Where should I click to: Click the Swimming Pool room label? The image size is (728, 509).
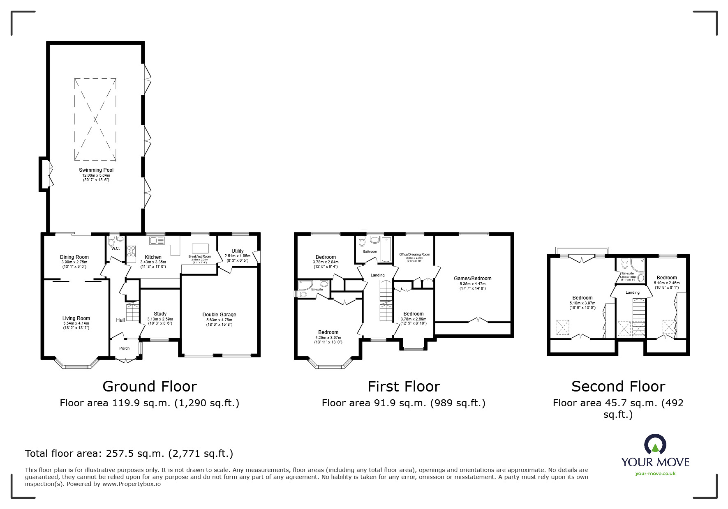96,170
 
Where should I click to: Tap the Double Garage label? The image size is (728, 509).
219,315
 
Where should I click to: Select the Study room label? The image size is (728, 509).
160,314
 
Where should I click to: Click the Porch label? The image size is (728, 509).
124,348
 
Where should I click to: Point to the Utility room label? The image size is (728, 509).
237,251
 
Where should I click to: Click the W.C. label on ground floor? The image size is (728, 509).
115,249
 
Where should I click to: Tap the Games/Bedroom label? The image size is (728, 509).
472,279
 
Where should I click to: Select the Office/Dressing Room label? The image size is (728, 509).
414,254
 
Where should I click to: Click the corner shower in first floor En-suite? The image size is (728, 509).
306,285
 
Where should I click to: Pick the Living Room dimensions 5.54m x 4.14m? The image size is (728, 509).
76,323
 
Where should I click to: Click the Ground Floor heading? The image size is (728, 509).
150,387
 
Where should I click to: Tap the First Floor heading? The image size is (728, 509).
404,387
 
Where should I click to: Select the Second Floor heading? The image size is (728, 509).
618,387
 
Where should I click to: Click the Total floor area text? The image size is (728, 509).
129,454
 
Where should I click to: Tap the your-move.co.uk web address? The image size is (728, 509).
655,474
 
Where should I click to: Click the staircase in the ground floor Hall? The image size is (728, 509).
132,312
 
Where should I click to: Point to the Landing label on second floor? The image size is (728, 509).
632,293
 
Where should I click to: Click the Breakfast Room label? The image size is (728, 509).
199,257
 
